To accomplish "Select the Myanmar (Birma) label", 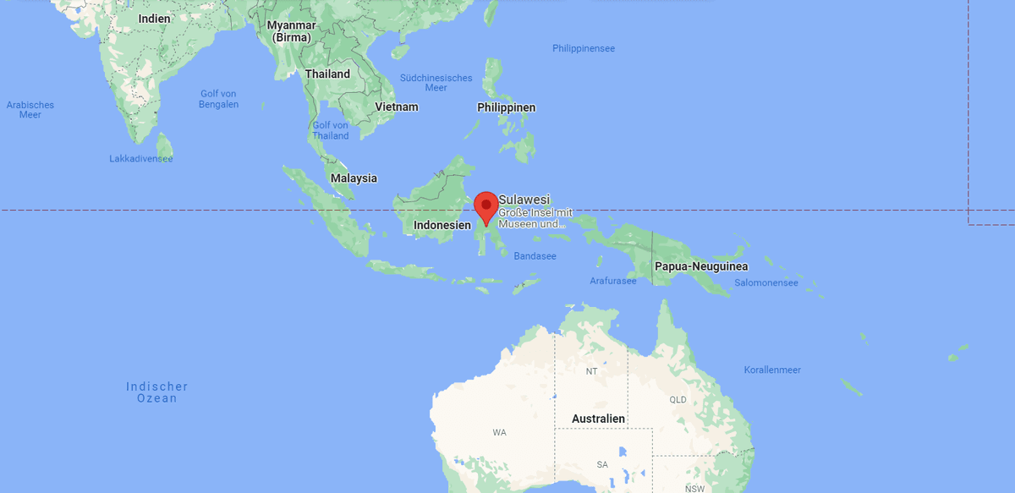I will (x=291, y=31).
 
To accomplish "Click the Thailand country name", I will (x=327, y=74).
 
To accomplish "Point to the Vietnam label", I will (x=397, y=107).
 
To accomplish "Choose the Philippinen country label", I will (x=506, y=107).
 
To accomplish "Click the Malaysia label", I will (x=354, y=178).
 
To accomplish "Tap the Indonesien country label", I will (x=442, y=226).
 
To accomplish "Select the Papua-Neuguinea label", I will (x=700, y=266).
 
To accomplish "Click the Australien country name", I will (x=598, y=419).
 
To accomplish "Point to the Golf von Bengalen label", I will (x=219, y=99).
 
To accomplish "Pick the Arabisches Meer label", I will (x=30, y=110).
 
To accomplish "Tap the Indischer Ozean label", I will (x=157, y=392).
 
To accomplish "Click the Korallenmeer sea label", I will (x=772, y=370).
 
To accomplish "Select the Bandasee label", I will (x=535, y=256).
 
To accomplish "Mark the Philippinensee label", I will (x=584, y=49).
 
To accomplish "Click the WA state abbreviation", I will (x=499, y=433).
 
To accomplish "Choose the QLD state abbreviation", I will (x=678, y=400).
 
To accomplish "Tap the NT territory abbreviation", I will (x=592, y=371).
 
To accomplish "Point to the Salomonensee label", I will (x=766, y=283).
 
